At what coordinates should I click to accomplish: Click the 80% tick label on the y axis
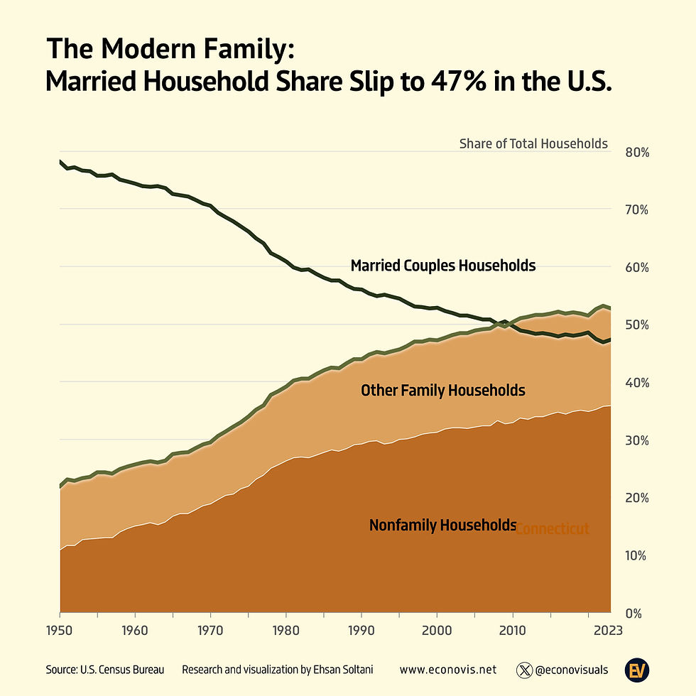637,153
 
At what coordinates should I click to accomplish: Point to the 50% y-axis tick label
637,325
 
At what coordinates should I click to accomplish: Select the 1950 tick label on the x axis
60,629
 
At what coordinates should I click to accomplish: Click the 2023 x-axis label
608,629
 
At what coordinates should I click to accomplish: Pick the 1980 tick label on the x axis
286,629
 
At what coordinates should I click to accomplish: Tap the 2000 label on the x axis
436,629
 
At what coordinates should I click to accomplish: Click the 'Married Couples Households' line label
443,266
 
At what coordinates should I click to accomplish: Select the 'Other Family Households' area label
443,390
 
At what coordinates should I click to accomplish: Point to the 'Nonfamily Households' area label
442,526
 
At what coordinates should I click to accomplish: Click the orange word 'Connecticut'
553,529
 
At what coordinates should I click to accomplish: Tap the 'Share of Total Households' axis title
533,143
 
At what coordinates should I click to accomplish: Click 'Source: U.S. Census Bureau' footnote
105,670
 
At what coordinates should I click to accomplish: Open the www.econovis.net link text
447,670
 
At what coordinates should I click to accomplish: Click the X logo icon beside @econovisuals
524,670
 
